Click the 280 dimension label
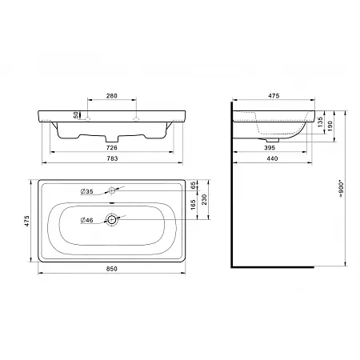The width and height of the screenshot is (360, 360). click(112, 96)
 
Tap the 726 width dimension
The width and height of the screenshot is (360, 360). click(112, 148)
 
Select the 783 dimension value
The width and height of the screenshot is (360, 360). click(112, 158)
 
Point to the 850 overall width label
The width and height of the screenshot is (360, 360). click(112, 269)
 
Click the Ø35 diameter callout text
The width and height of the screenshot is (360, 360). click(86, 191)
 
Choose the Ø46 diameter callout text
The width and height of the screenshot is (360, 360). click(86, 220)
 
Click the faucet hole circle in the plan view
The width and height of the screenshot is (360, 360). click(111, 190)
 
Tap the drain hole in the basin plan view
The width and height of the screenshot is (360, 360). click(111, 220)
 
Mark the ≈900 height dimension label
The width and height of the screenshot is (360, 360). click(341, 190)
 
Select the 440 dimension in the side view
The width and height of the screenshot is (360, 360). click(272, 158)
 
